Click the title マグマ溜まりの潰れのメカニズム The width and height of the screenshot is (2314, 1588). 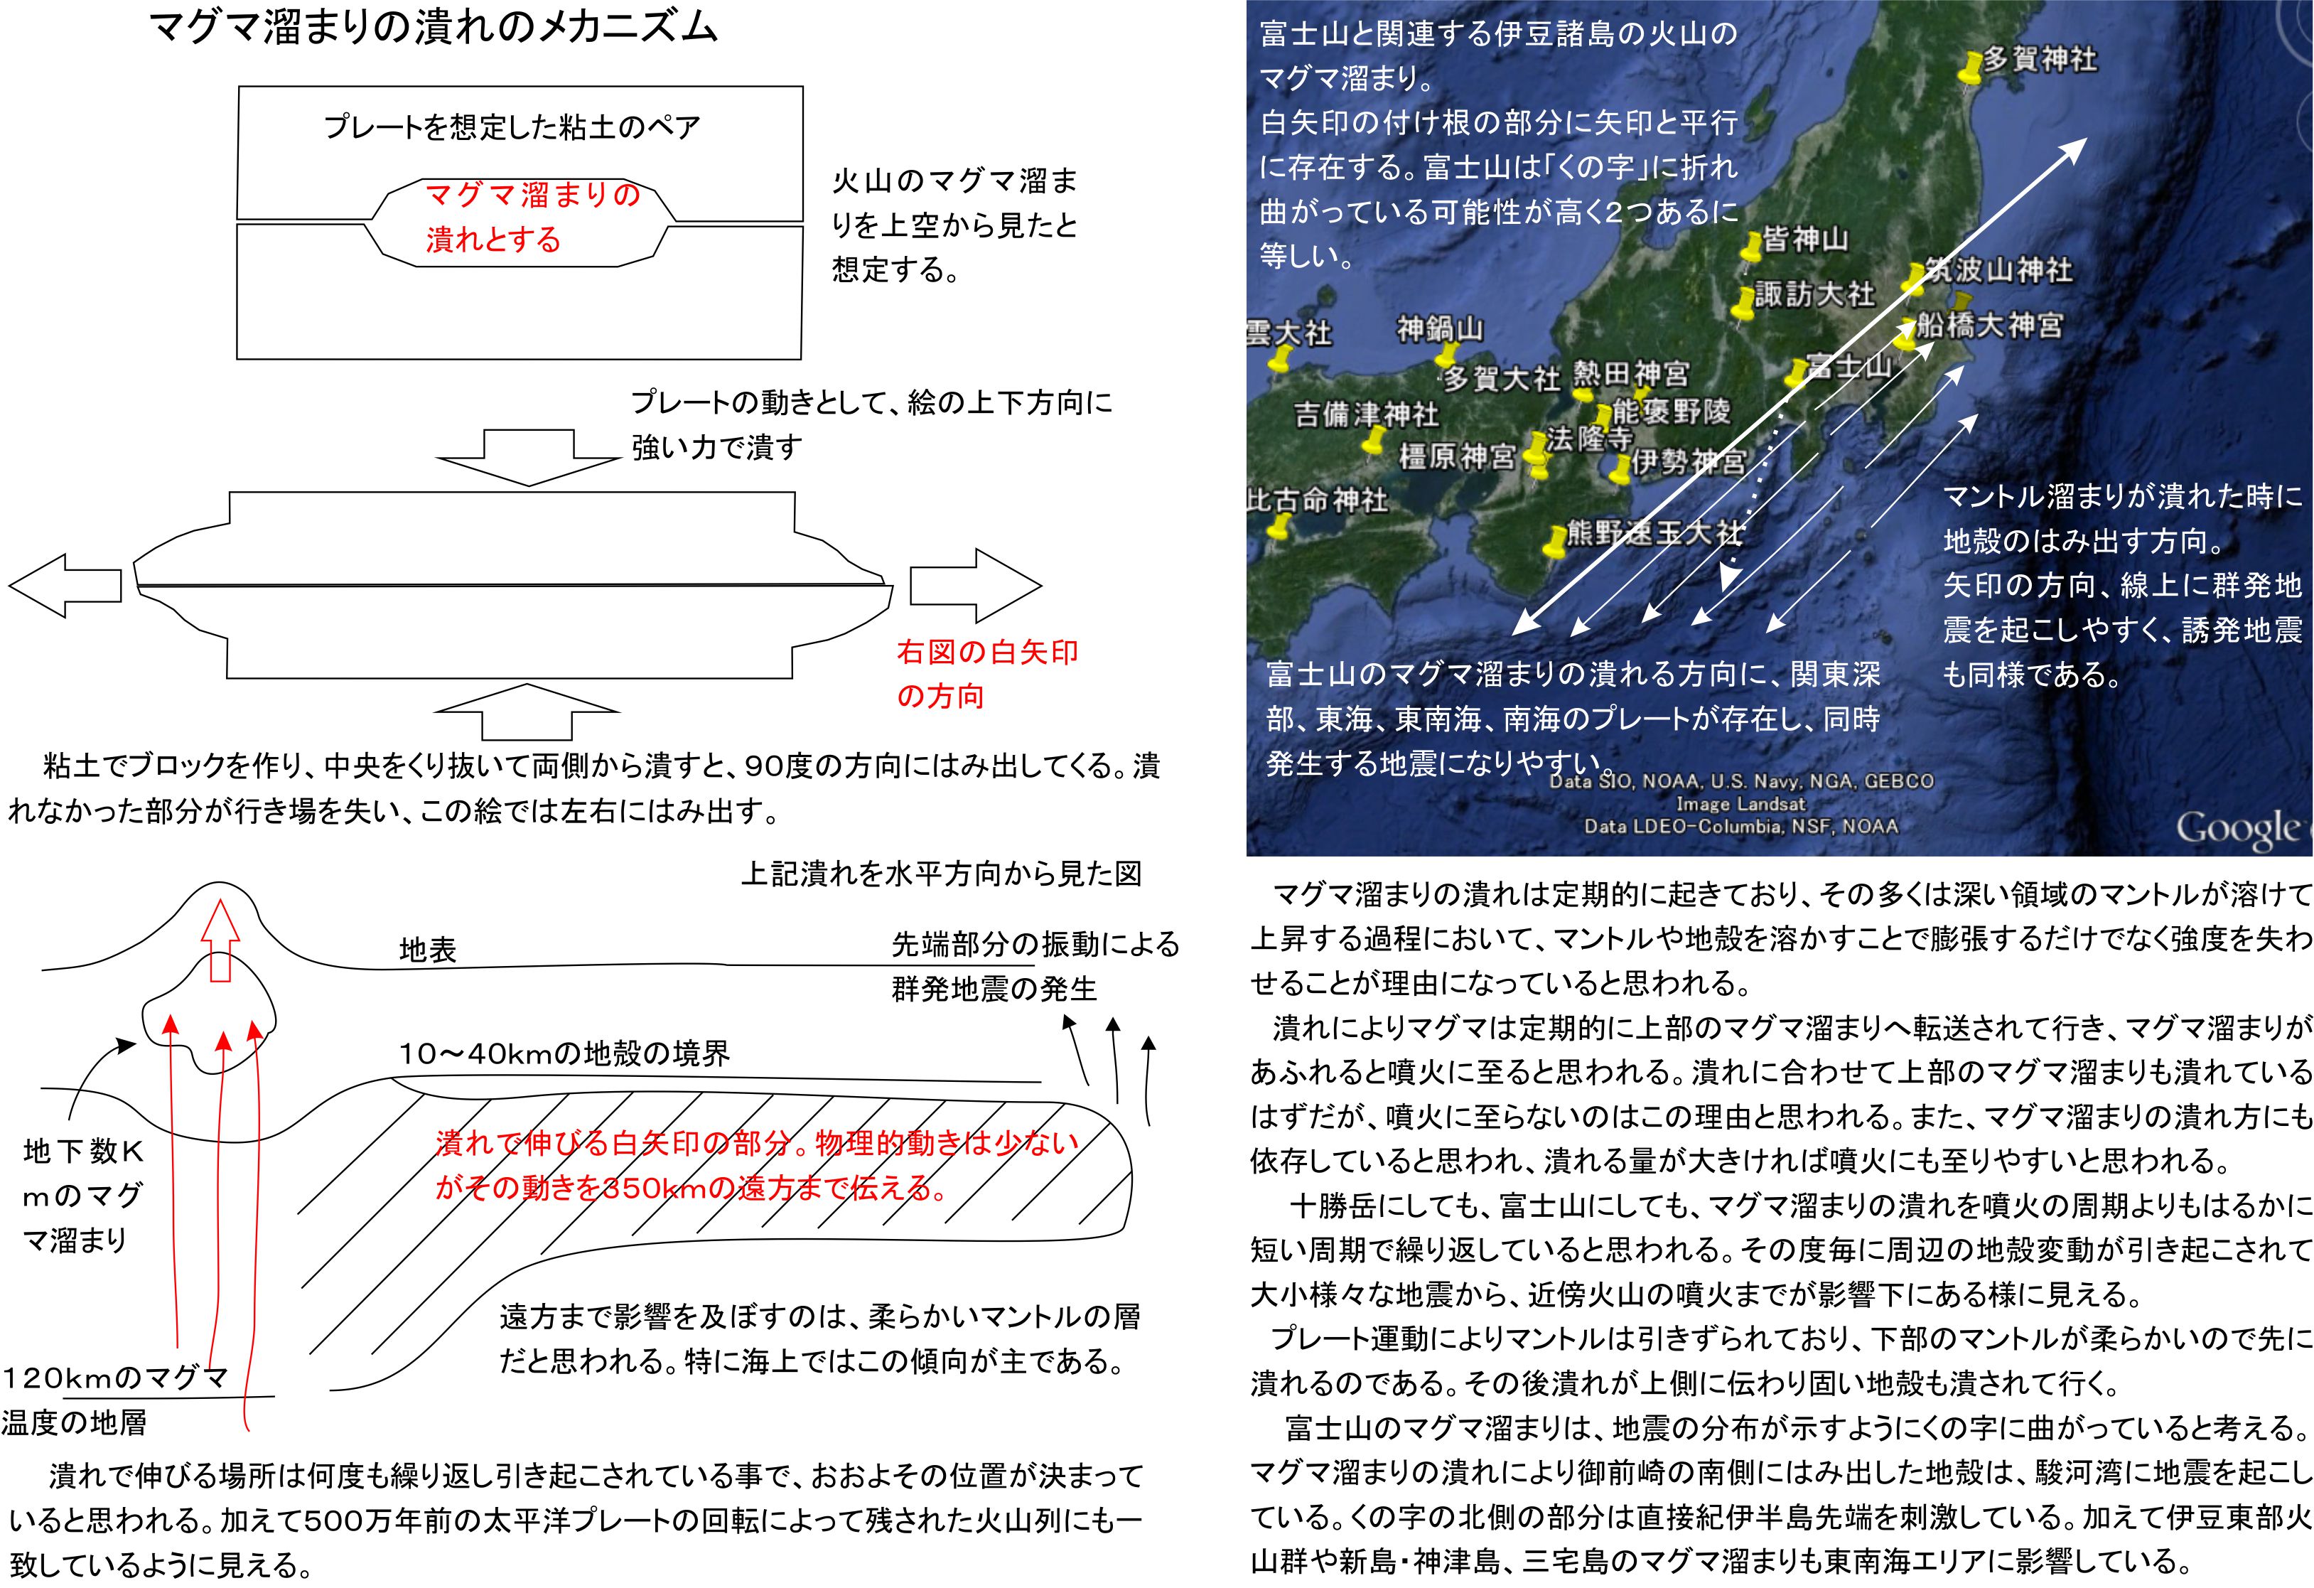(432, 28)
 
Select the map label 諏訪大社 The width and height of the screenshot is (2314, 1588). (1814, 295)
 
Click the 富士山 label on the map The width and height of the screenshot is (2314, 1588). (1849, 366)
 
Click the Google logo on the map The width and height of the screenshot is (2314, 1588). (2240, 828)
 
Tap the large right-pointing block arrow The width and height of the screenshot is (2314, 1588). (975, 586)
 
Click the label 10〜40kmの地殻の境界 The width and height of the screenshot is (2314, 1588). (564, 1054)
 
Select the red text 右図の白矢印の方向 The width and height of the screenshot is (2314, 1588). (986, 674)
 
